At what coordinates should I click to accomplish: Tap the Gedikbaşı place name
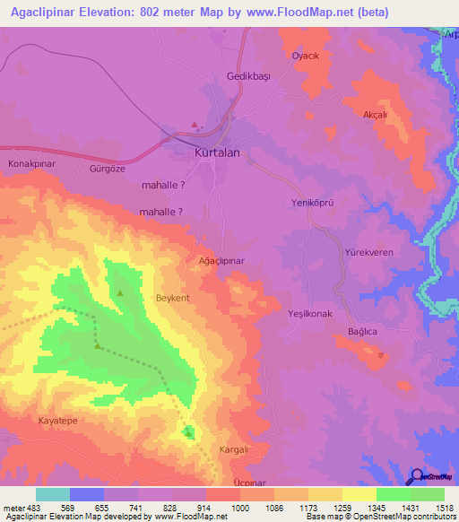tap(248, 77)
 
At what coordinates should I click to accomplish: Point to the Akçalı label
tap(374, 115)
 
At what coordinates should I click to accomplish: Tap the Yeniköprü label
tap(313, 204)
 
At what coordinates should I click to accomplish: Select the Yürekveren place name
tap(368, 253)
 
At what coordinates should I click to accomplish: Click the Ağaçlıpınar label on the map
tap(221, 260)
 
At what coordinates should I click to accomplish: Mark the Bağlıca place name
tap(365, 333)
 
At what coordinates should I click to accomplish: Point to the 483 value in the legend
tap(34, 508)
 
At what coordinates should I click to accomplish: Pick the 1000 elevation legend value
tap(240, 508)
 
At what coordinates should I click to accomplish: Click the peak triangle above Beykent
tap(120, 292)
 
